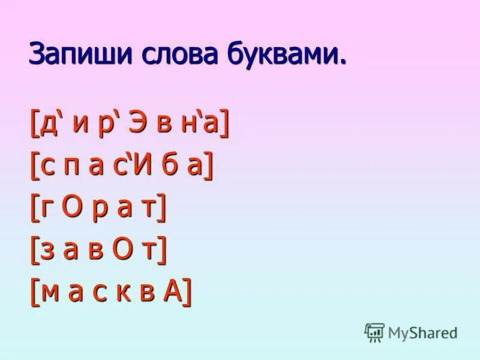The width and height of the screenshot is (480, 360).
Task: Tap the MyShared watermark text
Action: click(x=422, y=332)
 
